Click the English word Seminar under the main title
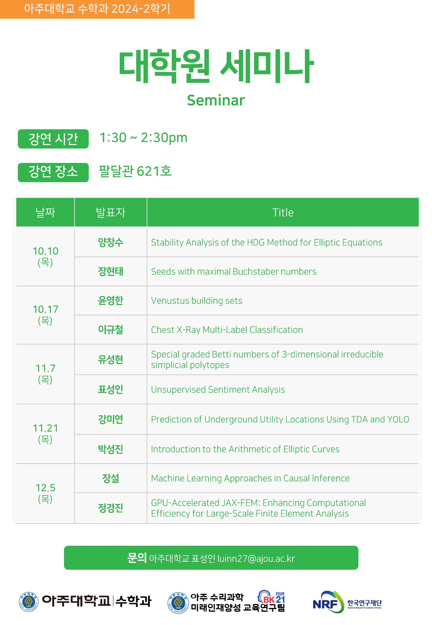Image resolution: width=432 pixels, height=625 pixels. point(216,100)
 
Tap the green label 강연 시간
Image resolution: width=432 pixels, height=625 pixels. point(53,139)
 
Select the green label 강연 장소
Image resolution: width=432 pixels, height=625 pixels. point(53,172)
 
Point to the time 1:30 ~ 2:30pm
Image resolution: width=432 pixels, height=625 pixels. point(143,138)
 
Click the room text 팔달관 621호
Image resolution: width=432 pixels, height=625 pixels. point(135,171)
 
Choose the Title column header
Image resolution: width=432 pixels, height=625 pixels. point(283,213)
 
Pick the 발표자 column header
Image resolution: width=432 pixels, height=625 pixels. point(111,213)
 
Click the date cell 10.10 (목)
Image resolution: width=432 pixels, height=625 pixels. point(46,257)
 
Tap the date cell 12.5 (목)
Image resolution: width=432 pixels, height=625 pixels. point(46,493)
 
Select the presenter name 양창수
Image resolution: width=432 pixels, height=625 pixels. point(111,242)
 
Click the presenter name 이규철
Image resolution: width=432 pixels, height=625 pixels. point(111,330)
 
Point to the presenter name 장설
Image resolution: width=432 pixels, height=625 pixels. point(111,478)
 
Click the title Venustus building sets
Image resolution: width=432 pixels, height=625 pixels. point(197,301)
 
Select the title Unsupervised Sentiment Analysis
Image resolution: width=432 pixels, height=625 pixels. point(218,390)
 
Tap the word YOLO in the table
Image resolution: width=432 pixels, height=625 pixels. point(398,420)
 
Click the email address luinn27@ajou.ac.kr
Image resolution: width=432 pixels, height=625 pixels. point(256,558)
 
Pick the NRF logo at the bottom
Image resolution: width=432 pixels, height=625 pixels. point(347,602)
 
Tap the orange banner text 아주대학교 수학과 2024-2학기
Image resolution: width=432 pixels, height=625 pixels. point(97,9)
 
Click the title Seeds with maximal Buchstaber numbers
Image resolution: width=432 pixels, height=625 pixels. point(234,272)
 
